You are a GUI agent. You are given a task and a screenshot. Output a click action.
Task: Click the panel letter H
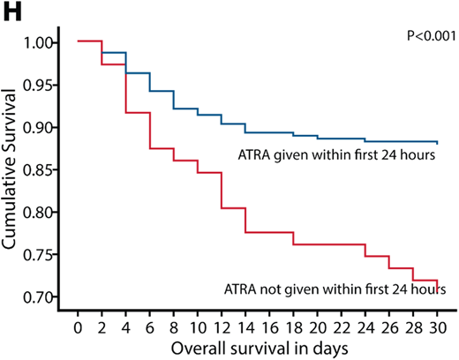point(11,11)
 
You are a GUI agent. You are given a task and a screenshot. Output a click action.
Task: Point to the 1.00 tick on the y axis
point(47,42)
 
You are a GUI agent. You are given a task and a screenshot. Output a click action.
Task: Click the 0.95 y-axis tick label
point(47,85)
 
